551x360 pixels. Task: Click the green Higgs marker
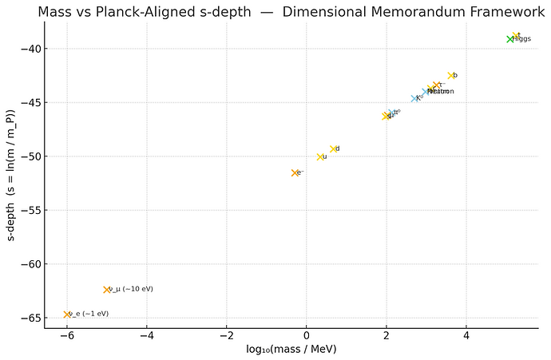(510, 39)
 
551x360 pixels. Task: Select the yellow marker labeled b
(451, 76)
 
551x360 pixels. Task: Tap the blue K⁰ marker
(414, 98)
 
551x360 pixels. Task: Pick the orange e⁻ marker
(295, 172)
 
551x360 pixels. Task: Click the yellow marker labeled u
(320, 157)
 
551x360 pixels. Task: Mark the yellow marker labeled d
(333, 149)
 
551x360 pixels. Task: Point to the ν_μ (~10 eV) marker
(106, 290)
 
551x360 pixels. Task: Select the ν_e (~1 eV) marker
(67, 315)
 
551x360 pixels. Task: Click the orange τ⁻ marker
(436, 85)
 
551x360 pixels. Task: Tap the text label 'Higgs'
(522, 39)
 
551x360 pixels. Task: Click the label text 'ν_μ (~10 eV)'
(131, 289)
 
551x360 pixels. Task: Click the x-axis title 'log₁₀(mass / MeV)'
(291, 349)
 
